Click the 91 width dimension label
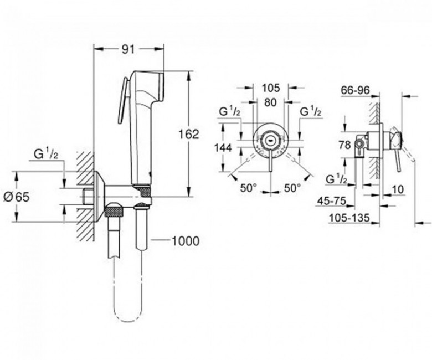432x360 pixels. click(x=128, y=49)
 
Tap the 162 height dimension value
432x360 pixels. click(x=189, y=135)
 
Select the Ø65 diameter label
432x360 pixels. click(x=17, y=197)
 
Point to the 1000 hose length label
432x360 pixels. click(x=185, y=241)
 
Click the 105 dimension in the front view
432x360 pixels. click(x=270, y=88)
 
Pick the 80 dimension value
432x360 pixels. click(x=270, y=102)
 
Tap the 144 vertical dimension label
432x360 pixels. click(x=223, y=148)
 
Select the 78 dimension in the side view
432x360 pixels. click(x=344, y=145)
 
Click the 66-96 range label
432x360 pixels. click(x=355, y=90)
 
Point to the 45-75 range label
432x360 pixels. click(x=331, y=201)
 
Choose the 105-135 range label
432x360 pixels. click(x=349, y=218)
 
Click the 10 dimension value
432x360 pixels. click(x=398, y=189)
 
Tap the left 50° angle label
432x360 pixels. click(x=248, y=188)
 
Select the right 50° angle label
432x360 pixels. click(x=292, y=188)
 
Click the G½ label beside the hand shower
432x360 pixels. click(x=46, y=155)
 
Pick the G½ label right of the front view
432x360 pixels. click(x=311, y=112)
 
